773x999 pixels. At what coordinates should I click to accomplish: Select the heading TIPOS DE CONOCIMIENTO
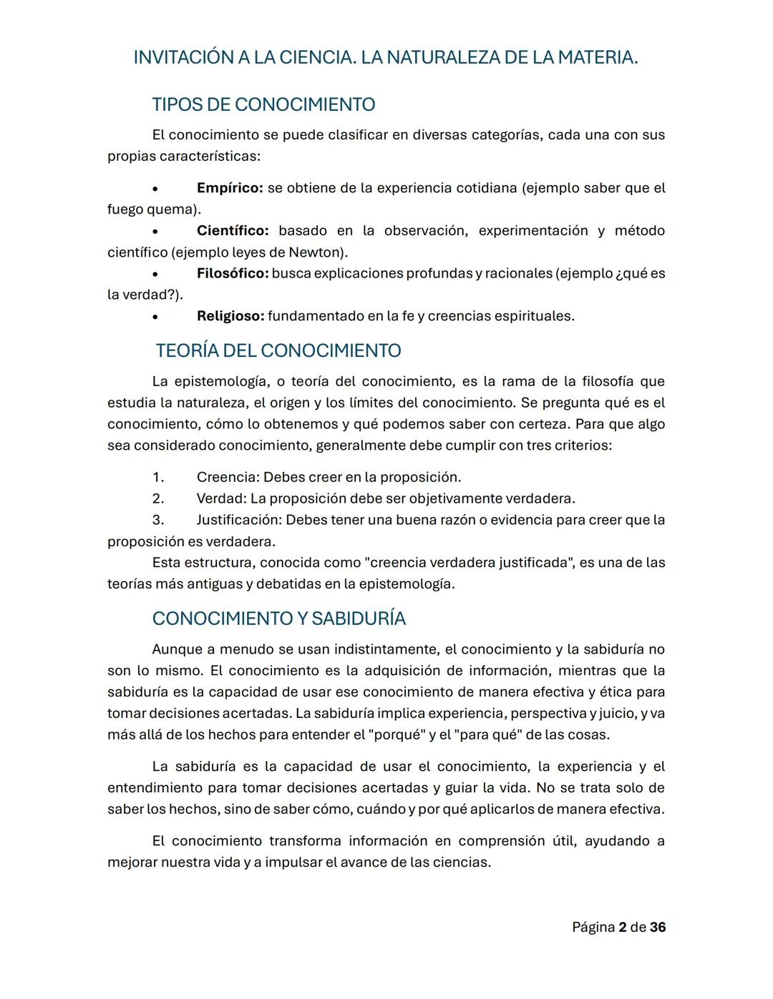(263, 105)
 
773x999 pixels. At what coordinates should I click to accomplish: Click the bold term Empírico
(230, 188)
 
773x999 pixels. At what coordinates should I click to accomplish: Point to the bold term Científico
(233, 231)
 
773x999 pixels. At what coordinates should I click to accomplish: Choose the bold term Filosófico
(233, 273)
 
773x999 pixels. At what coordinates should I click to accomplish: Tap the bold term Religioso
(230, 316)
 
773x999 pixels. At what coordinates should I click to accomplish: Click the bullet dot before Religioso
(155, 317)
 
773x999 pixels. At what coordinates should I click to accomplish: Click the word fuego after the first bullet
(125, 210)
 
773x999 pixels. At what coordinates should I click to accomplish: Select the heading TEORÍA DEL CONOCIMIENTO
(278, 351)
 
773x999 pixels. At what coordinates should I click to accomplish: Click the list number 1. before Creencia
(158, 477)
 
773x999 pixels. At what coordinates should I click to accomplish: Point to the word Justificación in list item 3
(238, 520)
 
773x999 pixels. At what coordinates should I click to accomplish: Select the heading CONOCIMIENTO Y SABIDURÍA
(279, 619)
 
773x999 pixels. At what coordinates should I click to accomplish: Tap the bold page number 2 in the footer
(622, 927)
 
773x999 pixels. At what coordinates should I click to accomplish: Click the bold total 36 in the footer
(658, 927)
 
